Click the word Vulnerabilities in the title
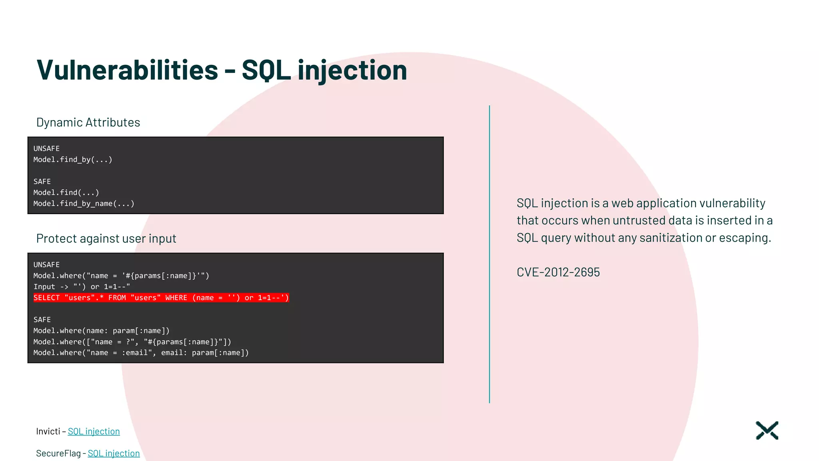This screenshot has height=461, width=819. tap(127, 70)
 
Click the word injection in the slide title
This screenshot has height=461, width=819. tap(352, 70)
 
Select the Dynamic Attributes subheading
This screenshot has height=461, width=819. tap(88, 122)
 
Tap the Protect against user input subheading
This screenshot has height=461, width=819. tap(106, 239)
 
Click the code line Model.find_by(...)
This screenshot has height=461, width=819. tap(73, 160)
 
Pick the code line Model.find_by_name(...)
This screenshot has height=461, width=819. tap(84, 204)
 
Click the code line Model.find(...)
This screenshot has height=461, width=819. tap(66, 192)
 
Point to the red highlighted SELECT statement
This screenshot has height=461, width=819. tap(161, 298)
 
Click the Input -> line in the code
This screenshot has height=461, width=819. tap(82, 287)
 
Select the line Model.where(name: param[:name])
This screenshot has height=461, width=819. tap(101, 331)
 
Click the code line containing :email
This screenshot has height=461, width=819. tap(141, 353)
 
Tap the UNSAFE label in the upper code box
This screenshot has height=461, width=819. tap(46, 148)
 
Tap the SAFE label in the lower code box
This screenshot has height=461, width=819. tap(42, 320)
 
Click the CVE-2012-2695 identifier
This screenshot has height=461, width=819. tap(558, 273)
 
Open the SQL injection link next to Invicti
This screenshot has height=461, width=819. tap(94, 431)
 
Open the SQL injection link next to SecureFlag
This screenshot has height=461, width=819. tap(114, 453)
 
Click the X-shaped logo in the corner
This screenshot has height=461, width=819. tap(767, 431)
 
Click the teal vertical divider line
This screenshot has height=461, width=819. tap(489, 254)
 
